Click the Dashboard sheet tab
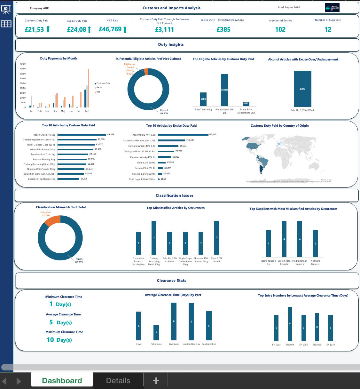[62, 380]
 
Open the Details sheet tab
[118, 380]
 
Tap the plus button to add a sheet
[156, 380]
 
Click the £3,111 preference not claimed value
[164, 29]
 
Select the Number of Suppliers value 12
[328, 29]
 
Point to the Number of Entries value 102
[280, 29]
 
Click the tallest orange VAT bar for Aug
[89, 88]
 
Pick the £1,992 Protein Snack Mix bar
[224, 90]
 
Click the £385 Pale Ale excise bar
[302, 89]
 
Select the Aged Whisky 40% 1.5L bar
[183, 135]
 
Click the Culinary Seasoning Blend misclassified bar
[154, 237]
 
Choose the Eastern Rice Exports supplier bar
[284, 239]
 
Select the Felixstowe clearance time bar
[156, 332]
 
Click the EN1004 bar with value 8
[290, 323]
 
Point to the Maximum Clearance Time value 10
[50, 340]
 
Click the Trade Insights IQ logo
[332, 8]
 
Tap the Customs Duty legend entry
[103, 83]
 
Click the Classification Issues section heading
[174, 195]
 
